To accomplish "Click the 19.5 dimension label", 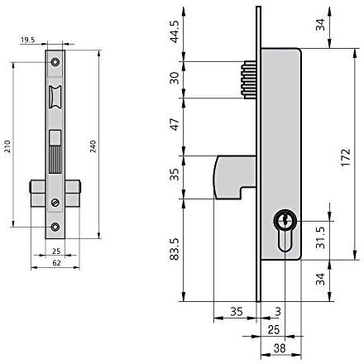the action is (28, 40).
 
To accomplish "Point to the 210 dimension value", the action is (7, 146).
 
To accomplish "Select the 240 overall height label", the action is (93, 146).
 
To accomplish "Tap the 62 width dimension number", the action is (56, 263).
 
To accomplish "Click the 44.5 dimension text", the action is (175, 31).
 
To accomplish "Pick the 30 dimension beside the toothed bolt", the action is (175, 78).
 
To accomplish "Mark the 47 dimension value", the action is (175, 124).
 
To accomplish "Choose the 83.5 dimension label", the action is (175, 249).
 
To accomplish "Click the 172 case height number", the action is (346, 157).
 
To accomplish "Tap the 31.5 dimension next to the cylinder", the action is (321, 237).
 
